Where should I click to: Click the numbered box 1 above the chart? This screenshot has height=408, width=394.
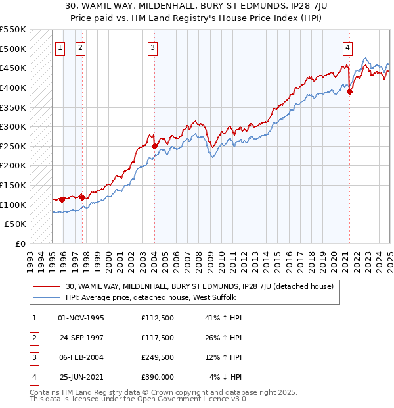60,47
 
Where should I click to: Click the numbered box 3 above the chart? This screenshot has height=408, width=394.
152,47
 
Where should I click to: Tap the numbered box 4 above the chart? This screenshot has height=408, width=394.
347,47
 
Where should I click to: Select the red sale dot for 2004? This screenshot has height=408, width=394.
154,146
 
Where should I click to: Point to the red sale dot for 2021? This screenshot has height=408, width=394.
349,91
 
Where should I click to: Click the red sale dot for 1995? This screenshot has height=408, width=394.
62,199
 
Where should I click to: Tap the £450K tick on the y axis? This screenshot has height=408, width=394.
14,68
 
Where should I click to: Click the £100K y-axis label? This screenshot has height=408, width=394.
14,205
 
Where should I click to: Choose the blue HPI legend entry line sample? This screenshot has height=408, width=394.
46,297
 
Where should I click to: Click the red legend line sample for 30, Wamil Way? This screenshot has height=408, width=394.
46,286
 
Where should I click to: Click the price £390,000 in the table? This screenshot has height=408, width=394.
157,376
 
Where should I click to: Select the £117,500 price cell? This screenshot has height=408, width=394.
157,338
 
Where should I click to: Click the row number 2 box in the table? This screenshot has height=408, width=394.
33,338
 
